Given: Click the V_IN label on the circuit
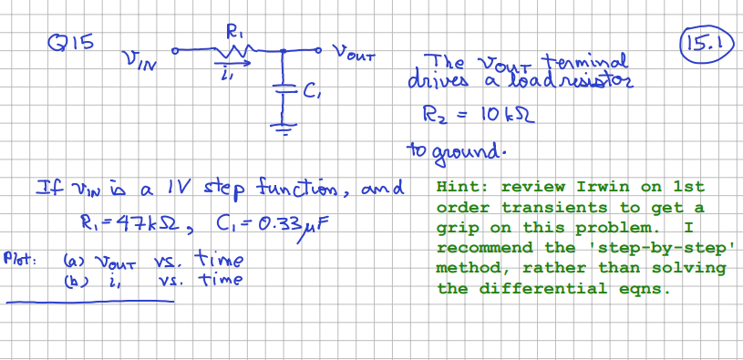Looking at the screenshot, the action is pos(137,62).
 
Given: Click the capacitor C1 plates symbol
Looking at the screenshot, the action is pos(285,89).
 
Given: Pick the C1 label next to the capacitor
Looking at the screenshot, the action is pos(310,90).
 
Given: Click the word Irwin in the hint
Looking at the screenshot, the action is pos(597,186).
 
